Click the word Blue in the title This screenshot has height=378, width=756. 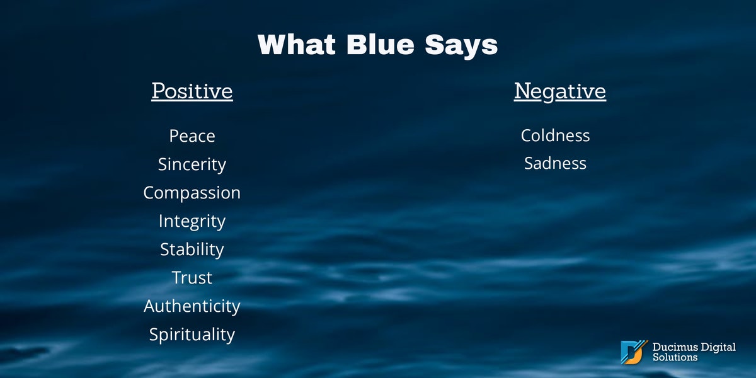pos(381,45)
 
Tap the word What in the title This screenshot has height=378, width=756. pos(297,45)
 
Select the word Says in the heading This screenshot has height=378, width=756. pos(461,47)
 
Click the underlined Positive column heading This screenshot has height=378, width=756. pos(192,91)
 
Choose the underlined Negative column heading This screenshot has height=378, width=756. pos(560,91)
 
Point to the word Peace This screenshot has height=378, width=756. pos(192,136)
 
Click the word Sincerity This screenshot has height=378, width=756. pos(192,164)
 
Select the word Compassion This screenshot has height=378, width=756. pos(192,193)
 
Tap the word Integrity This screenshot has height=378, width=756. pos(192,221)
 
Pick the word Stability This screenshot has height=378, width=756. pos(192,249)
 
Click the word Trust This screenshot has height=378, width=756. pos(192,278)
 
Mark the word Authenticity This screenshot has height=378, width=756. pos(192,306)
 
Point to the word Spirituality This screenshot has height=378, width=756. pos(192,335)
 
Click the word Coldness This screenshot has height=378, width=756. pos(555,135)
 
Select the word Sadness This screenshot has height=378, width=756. pos(555,163)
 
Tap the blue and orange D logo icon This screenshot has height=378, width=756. pos(634,352)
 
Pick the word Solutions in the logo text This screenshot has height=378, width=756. pos(675,357)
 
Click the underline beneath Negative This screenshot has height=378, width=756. pos(560,100)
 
